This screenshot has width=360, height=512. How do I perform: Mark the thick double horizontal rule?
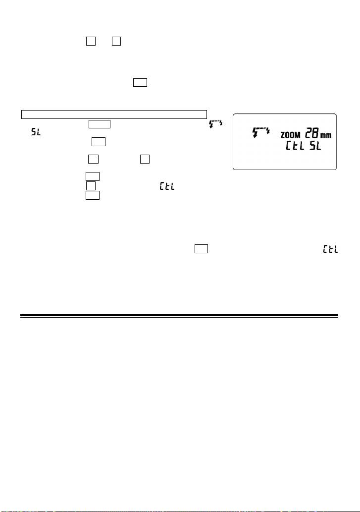(x=179, y=315)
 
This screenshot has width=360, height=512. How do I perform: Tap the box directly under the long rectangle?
(x=100, y=124)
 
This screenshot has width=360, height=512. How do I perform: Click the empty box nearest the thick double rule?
(x=201, y=250)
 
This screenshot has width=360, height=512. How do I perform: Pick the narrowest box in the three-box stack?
(x=91, y=186)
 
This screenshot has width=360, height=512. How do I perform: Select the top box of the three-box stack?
(x=93, y=176)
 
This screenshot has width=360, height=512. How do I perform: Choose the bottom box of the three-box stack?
(x=93, y=196)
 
